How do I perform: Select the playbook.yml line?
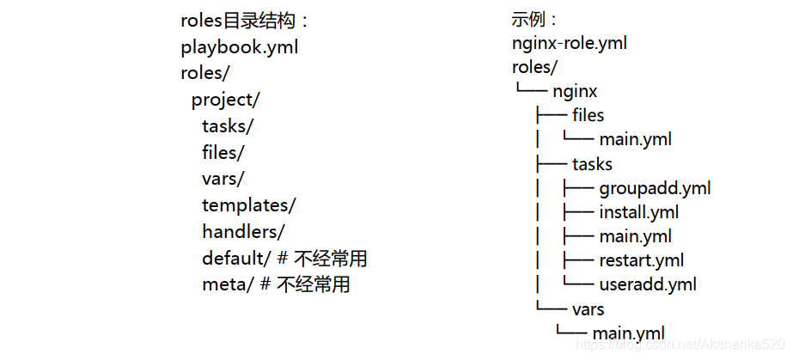239,47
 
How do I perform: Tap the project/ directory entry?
225,100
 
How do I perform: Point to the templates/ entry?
248,205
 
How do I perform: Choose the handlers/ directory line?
243,232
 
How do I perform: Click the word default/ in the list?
236,259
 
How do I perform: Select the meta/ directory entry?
228,284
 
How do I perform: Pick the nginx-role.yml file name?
569,42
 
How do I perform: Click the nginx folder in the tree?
575,90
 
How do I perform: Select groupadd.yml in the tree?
655,188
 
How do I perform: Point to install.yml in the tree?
639,212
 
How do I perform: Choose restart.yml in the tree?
642,260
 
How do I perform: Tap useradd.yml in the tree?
648,284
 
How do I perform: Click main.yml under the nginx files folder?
635,139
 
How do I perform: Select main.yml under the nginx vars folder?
628,333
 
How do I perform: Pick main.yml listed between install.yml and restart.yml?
635,236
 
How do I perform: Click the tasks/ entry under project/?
228,126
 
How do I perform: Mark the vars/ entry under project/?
223,179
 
